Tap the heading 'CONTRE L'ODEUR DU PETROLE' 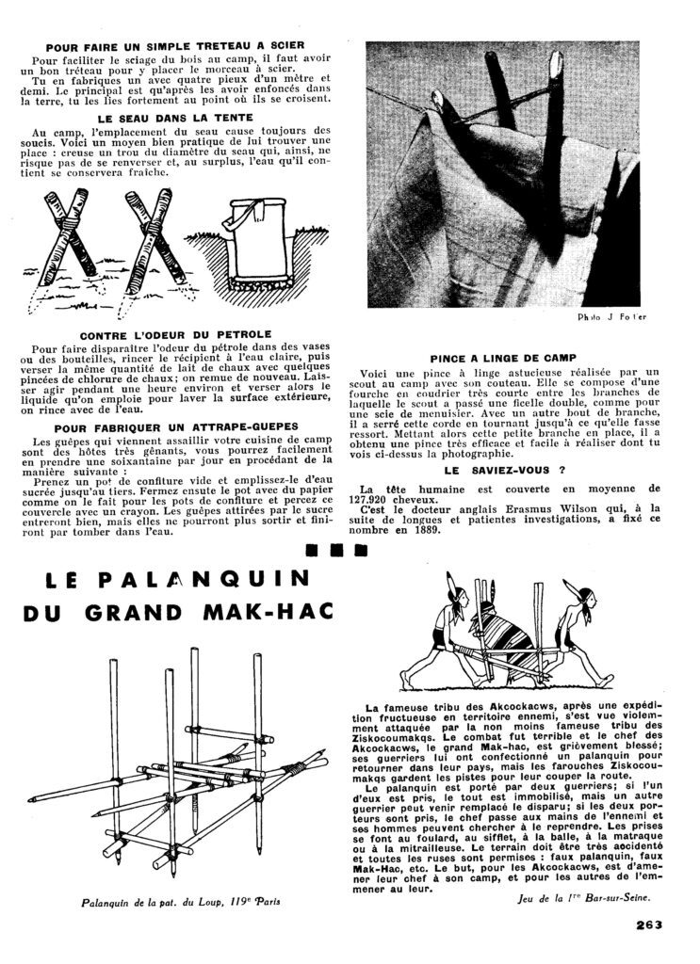click(x=175, y=334)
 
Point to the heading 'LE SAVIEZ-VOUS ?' click(x=511, y=468)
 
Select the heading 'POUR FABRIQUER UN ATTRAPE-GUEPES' click(x=175, y=426)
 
